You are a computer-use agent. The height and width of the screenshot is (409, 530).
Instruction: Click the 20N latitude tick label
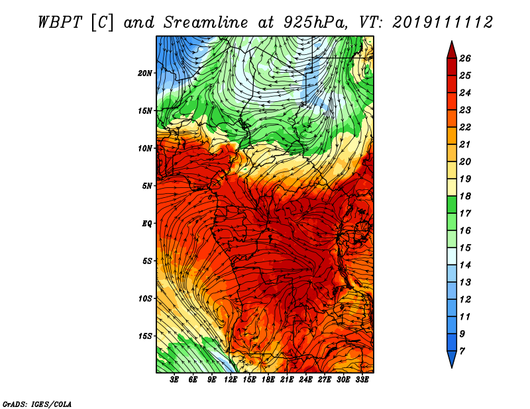[144, 73]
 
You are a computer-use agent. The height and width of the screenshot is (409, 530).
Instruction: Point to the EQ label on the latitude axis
[146, 224]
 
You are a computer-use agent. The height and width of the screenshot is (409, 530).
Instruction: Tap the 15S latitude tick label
[145, 336]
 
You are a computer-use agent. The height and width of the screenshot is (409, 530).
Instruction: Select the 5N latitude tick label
[147, 186]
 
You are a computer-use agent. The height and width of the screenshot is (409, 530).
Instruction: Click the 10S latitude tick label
[145, 299]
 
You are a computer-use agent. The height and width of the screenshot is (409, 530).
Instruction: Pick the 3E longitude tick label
[174, 380]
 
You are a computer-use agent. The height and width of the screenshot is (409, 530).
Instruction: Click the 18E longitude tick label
[268, 380]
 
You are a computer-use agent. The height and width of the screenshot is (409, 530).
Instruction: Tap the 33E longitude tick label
[362, 380]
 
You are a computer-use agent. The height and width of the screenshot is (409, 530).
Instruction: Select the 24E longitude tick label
[305, 380]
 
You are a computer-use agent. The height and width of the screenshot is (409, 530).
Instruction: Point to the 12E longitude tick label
[231, 380]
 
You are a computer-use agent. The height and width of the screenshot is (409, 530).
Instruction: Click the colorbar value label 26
[465, 58]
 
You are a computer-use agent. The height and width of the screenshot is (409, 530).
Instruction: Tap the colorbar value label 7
[462, 351]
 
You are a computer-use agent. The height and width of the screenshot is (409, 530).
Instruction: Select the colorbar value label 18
[465, 196]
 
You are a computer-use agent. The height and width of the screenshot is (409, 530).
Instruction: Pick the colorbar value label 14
[465, 265]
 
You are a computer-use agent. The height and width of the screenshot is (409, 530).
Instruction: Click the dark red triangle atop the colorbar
[452, 50]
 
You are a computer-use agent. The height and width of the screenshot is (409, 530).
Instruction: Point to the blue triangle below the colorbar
[452, 359]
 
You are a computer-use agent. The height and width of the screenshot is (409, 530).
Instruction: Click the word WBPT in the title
[60, 23]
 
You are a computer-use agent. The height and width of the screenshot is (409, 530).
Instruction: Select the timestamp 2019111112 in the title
[443, 23]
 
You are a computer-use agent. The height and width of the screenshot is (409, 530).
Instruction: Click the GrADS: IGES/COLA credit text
[37, 404]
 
